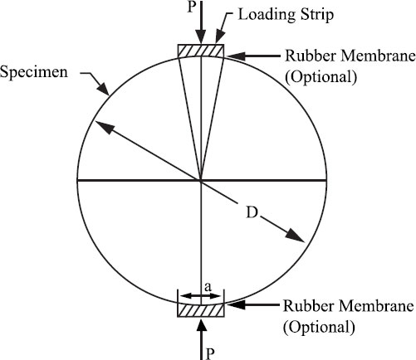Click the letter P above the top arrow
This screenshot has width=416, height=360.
coord(192,7)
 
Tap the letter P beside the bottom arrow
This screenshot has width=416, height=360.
coord(210,353)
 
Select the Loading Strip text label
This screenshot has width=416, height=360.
coord(286,15)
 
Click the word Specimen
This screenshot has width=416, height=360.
coord(34,73)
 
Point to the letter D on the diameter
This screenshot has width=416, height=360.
coord(252,212)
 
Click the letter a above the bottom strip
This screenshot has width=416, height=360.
coord(208,287)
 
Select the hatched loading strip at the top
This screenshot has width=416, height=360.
coord(201,51)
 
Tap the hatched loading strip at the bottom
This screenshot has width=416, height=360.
coord(201,309)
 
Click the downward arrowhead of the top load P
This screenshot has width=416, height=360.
coord(201,37)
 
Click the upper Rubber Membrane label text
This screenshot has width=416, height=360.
coord(350,56)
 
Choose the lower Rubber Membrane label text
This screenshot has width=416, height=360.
coord(348,306)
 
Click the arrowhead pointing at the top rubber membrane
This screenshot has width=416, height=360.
coord(235,56)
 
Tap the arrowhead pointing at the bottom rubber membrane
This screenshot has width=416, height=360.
coord(235,304)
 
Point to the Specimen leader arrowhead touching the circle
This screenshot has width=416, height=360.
coord(103,89)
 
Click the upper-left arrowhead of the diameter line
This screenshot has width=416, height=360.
coord(105,128)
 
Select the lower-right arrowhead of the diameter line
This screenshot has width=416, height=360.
coord(295,236)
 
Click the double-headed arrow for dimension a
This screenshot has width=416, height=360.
coord(201,296)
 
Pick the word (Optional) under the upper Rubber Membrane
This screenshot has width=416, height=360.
coord(321,77)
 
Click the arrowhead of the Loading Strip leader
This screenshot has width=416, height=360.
coord(220,36)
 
